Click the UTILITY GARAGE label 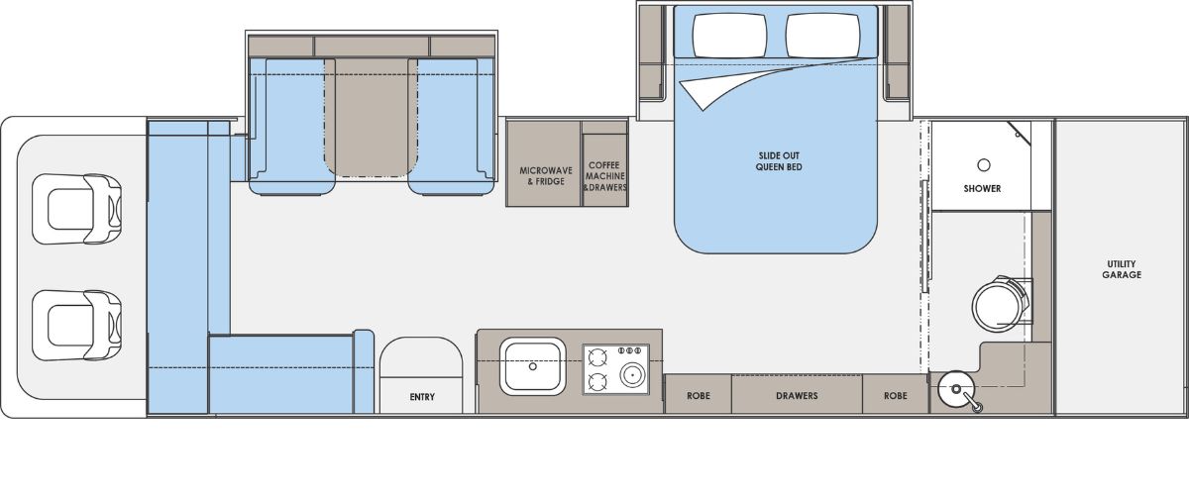tap(1121, 269)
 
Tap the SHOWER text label tap(982, 188)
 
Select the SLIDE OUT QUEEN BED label tap(779, 161)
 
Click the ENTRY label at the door tap(422, 397)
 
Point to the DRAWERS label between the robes tap(797, 396)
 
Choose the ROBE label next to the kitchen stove tap(698, 396)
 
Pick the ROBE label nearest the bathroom tap(896, 396)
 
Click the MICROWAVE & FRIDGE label tap(546, 175)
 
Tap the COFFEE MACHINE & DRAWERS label tap(604, 176)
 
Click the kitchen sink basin tap(532, 366)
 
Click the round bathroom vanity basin tap(956, 389)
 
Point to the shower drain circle tap(984, 165)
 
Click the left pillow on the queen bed tap(729, 35)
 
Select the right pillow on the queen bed tap(823, 35)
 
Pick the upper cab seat tap(77, 209)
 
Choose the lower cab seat tap(77, 326)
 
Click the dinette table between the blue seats tap(371, 117)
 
